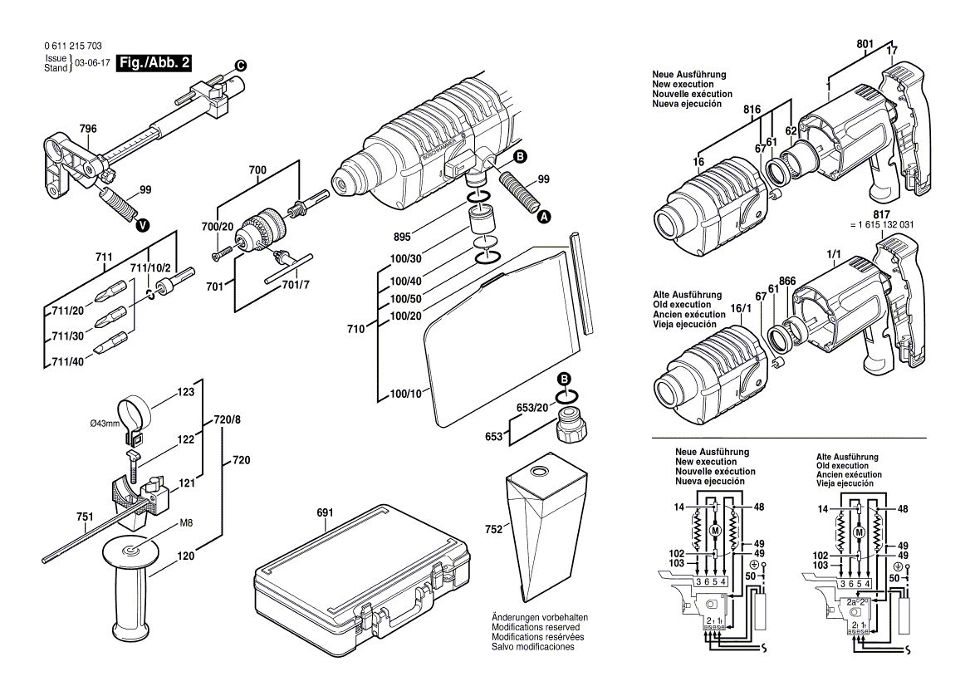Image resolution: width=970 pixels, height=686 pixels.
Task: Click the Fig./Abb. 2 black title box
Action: [x=155, y=63]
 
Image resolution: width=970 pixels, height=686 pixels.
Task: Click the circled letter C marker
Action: [x=240, y=65]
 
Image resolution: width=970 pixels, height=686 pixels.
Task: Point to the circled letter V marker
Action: [x=143, y=224]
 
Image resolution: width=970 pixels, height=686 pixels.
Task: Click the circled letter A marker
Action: [x=545, y=217]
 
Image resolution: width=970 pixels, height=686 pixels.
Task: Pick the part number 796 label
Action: [x=88, y=129]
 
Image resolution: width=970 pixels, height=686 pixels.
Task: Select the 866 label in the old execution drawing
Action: [x=789, y=282]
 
